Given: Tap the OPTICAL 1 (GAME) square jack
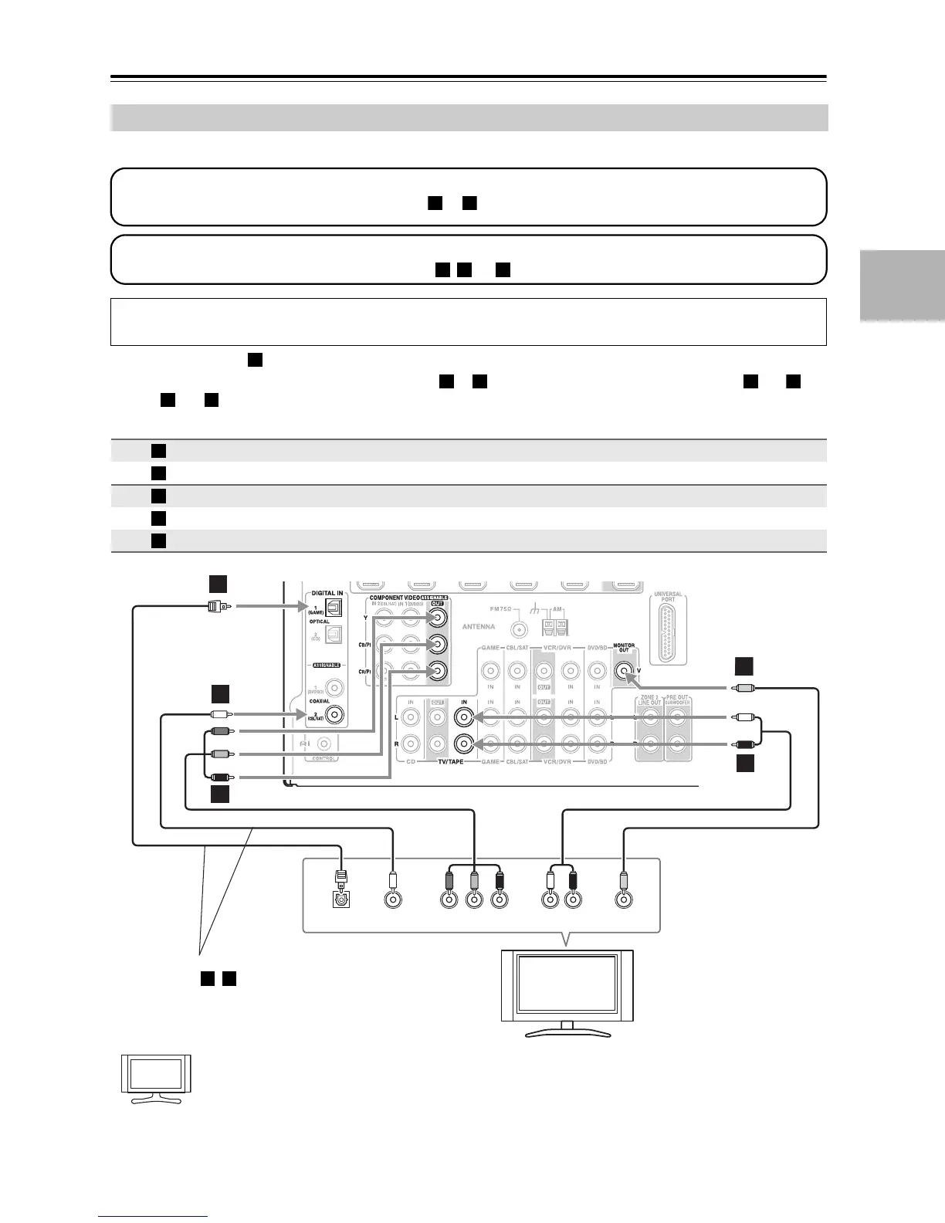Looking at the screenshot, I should coord(334,608).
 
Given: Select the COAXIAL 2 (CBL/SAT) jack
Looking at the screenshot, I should coord(334,714).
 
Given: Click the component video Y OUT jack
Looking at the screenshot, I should coord(438,617).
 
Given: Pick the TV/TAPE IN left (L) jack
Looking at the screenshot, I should coord(463,717).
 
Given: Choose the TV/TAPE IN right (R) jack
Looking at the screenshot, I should coord(463,744).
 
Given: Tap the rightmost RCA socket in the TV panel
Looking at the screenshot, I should coord(624,899).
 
